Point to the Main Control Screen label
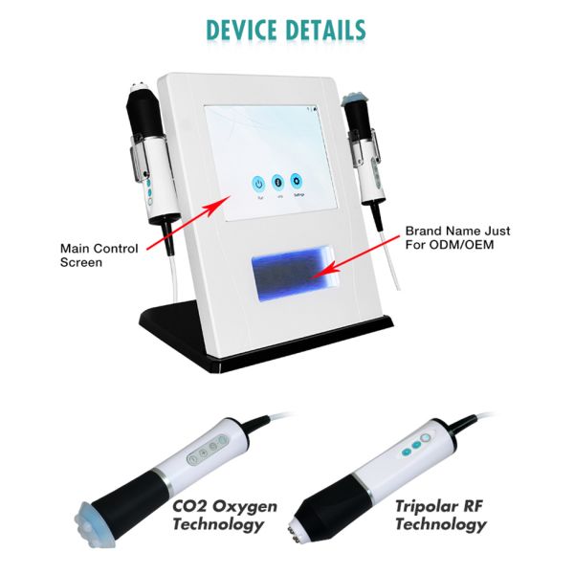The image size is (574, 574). coord(99,254)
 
